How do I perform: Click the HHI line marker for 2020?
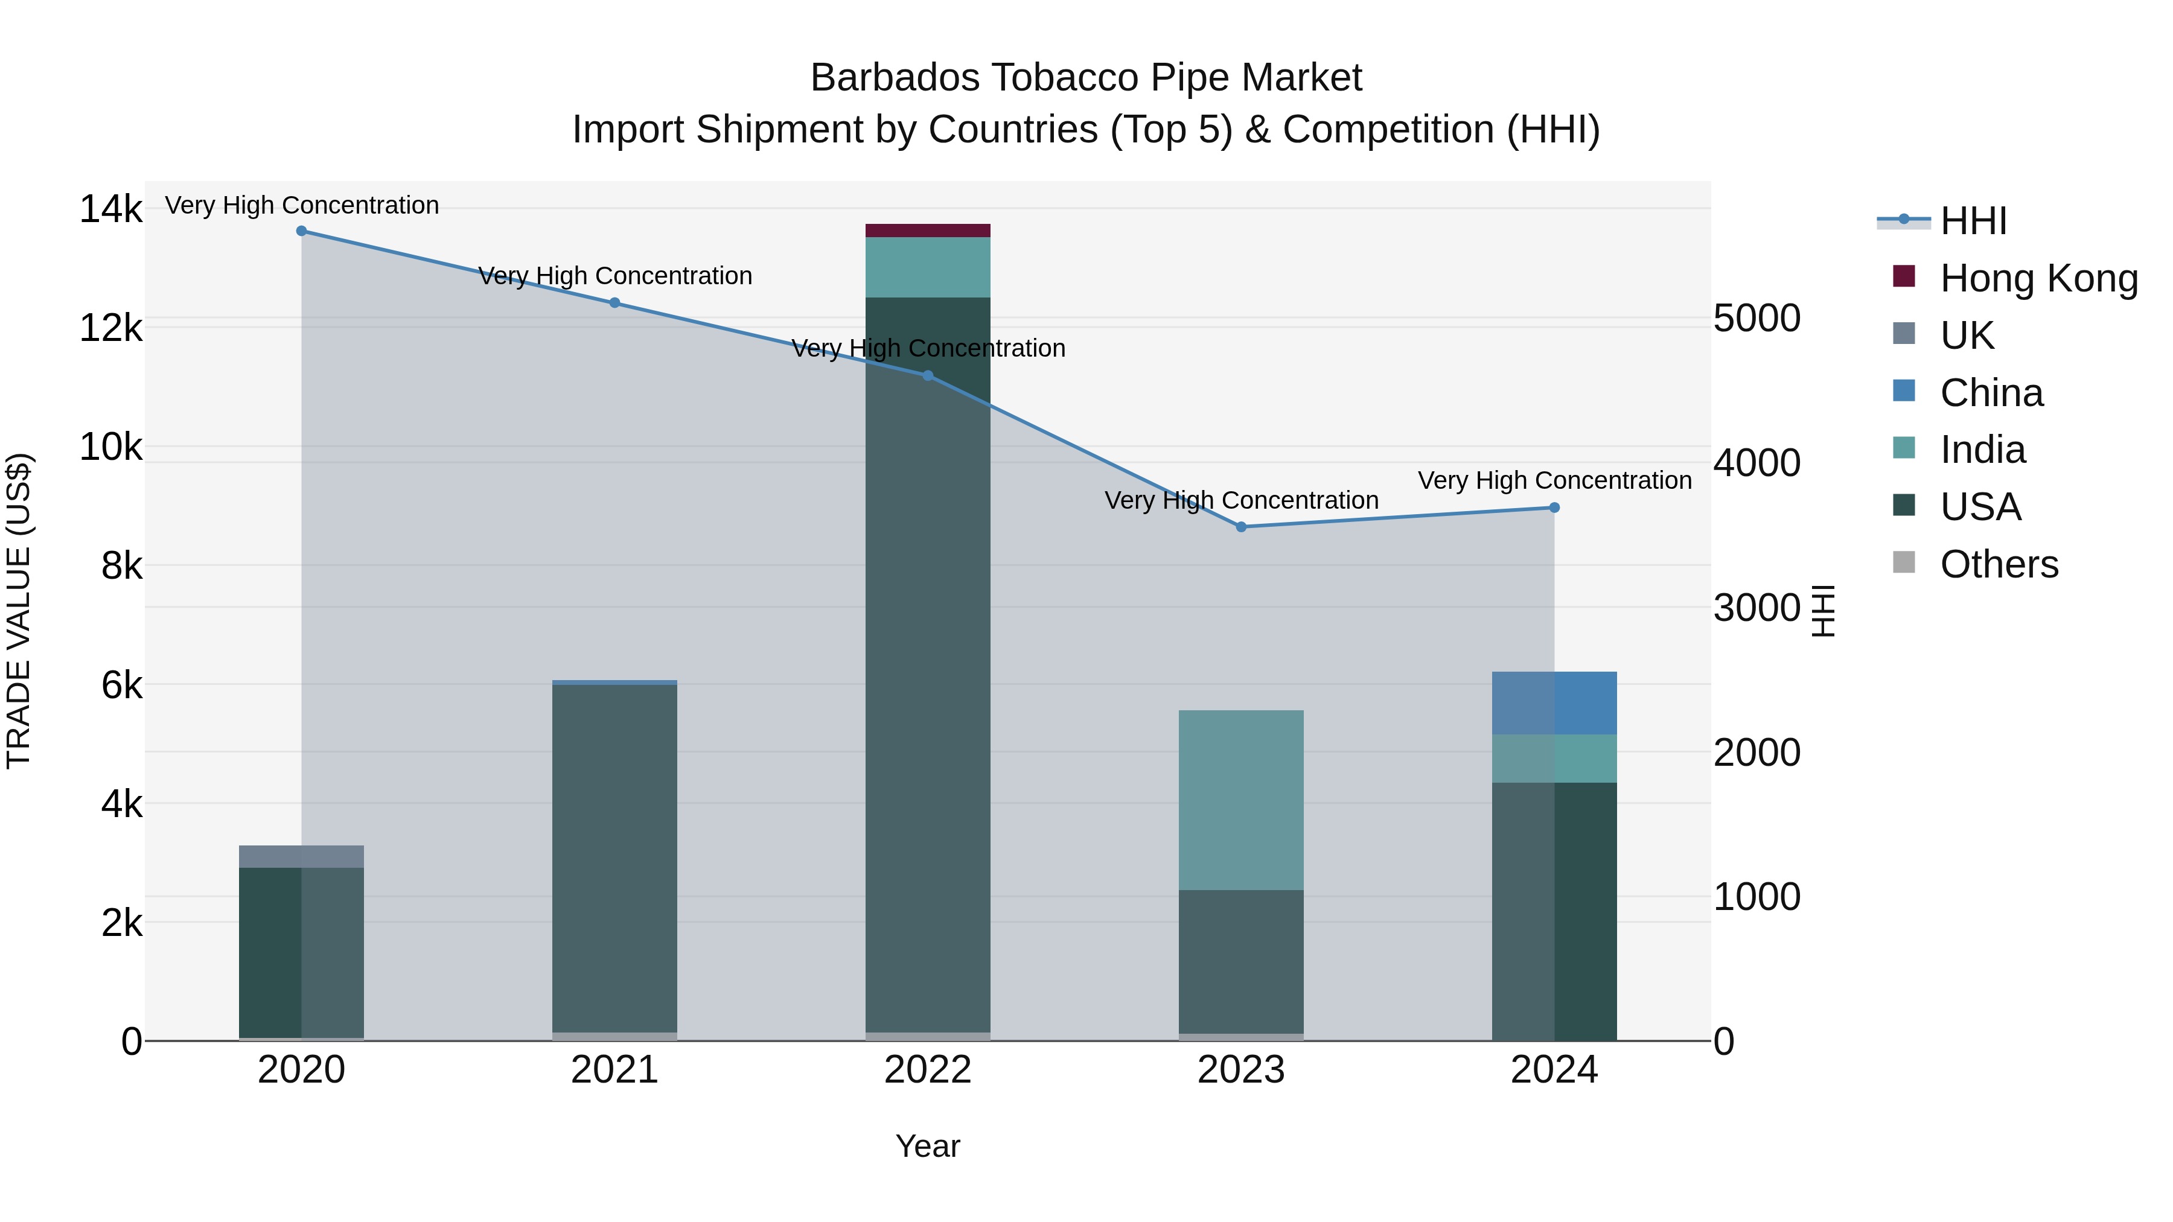click(x=301, y=231)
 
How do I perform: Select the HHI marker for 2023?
click(x=1241, y=527)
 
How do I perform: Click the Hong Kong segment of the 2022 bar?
click(x=927, y=231)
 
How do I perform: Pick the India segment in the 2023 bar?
click(x=1241, y=800)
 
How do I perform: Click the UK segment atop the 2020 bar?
click(x=301, y=856)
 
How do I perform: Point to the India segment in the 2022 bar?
click(x=927, y=267)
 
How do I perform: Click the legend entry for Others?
click(x=1999, y=564)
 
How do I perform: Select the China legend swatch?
click(x=1904, y=391)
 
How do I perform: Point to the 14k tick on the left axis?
click(x=110, y=209)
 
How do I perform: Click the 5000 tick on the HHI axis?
click(x=1757, y=319)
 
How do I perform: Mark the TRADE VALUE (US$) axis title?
click(x=19, y=611)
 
